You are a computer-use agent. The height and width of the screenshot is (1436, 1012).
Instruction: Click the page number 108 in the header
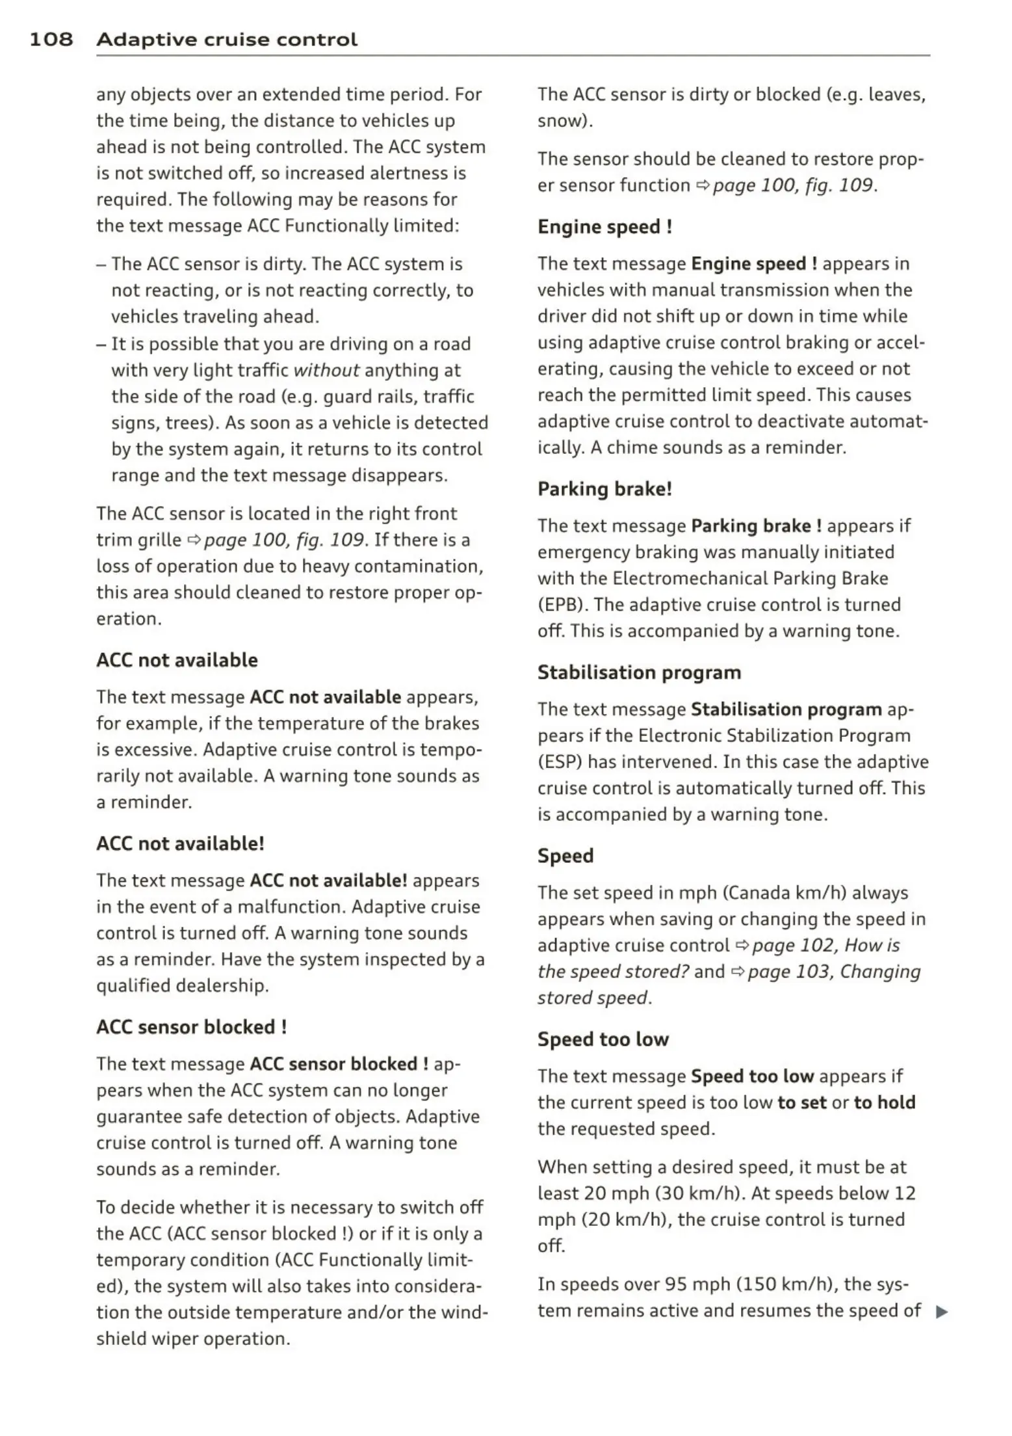[x=51, y=40]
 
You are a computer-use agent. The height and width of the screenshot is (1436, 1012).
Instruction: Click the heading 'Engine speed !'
[x=604, y=227]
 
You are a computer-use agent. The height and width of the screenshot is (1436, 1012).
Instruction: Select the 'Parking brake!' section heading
[x=604, y=489]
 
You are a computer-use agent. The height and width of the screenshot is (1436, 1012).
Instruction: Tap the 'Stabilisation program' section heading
[x=639, y=672]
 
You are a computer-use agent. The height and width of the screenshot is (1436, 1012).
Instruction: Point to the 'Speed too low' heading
[x=603, y=1039]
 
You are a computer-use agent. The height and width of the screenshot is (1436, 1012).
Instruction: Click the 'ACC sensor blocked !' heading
[x=192, y=1027]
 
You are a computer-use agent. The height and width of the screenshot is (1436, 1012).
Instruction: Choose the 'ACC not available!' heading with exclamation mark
[x=180, y=844]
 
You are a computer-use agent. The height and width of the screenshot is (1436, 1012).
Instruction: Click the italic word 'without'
[x=326, y=371]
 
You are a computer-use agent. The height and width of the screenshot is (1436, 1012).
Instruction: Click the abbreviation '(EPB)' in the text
[x=563, y=605]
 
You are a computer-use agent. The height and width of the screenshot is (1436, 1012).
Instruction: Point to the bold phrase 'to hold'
[x=885, y=1102]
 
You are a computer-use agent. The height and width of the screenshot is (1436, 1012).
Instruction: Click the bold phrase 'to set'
[x=802, y=1102]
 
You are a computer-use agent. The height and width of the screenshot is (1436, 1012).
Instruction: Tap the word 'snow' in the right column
[x=563, y=122]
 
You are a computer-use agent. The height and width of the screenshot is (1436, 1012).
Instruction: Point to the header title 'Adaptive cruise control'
[x=227, y=40]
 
